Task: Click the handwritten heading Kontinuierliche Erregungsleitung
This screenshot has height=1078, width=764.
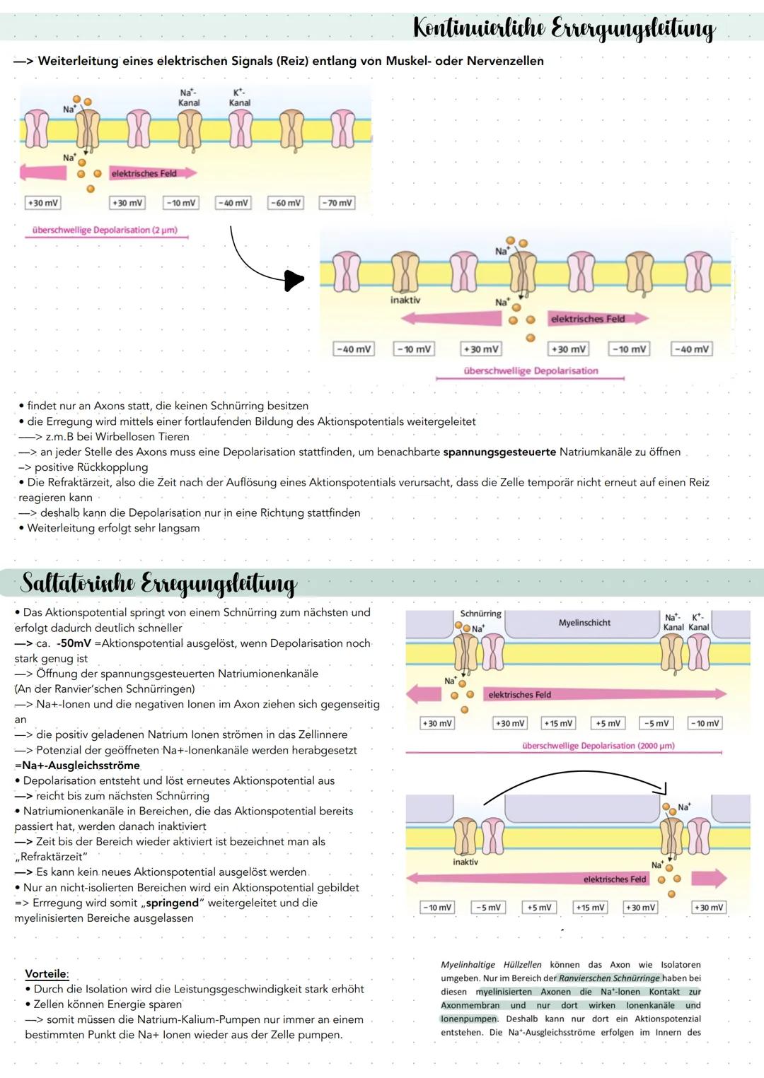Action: (x=564, y=28)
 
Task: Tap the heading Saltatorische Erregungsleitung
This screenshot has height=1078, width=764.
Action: (x=159, y=584)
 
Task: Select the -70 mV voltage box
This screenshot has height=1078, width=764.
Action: (x=337, y=203)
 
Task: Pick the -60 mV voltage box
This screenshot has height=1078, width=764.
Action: (x=285, y=203)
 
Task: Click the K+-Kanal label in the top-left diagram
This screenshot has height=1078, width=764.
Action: (x=240, y=98)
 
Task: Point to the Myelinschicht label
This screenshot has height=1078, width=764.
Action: (x=584, y=623)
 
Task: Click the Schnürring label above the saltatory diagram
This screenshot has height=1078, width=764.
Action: (x=480, y=614)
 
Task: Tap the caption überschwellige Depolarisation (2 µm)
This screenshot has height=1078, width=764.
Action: (x=105, y=230)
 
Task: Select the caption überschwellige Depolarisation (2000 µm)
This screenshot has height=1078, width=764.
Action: (x=598, y=746)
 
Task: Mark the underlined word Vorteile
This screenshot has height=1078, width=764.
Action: (x=46, y=973)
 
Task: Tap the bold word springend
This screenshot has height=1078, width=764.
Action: (x=173, y=903)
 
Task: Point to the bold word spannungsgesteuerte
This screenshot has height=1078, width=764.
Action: (x=499, y=452)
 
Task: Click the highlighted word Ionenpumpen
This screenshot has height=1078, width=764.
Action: (x=468, y=1019)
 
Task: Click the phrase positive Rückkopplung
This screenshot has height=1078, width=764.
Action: (x=91, y=467)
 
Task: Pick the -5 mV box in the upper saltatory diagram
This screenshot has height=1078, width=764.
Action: (x=657, y=723)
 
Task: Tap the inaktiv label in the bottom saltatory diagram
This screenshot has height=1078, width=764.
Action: (x=465, y=862)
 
